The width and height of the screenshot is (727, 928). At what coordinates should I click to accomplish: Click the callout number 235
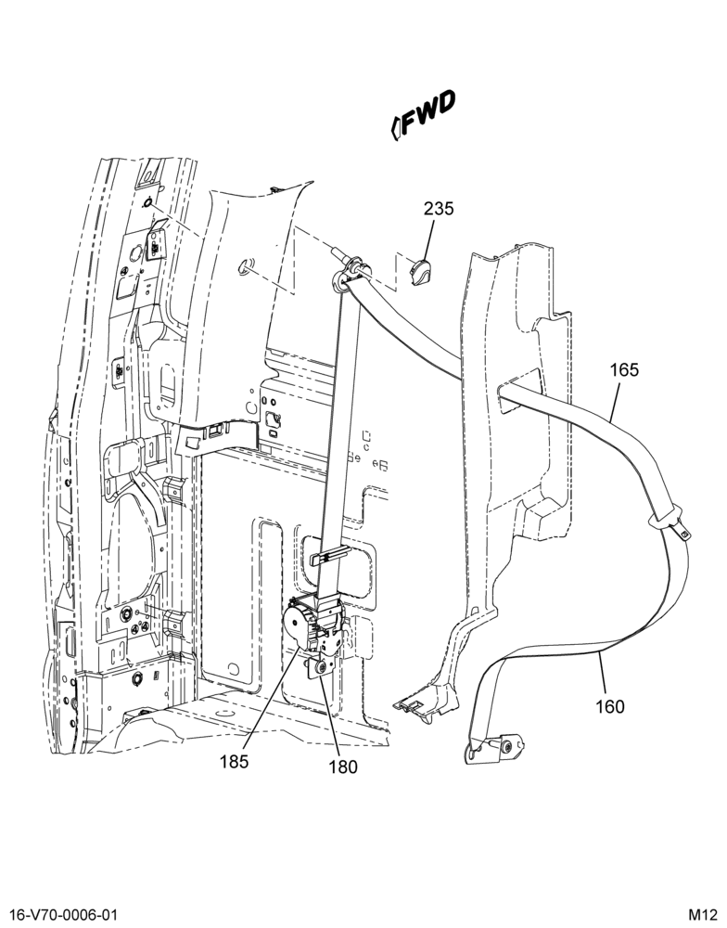(439, 208)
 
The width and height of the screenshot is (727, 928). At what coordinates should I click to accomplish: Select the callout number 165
(624, 370)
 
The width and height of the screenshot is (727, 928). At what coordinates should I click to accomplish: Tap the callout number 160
(609, 706)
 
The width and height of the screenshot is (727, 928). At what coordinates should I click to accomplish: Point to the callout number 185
(235, 761)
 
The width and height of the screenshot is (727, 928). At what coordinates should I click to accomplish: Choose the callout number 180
(344, 767)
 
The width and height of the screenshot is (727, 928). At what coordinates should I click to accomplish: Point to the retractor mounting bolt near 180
(322, 667)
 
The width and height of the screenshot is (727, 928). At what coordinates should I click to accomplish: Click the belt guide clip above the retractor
(329, 556)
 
